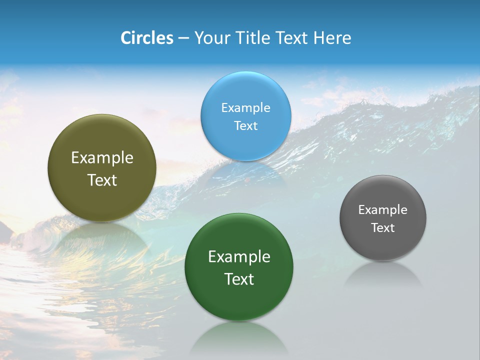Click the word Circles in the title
click(x=147, y=38)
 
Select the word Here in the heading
click(x=332, y=38)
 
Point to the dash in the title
click(x=183, y=38)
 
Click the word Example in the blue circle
click(x=245, y=107)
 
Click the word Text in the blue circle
click(x=245, y=125)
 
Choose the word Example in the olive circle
click(x=102, y=157)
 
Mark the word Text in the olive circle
click(x=102, y=180)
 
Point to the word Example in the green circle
click(x=239, y=256)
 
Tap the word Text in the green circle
click(x=239, y=279)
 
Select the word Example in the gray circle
click(x=383, y=209)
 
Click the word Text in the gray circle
click(x=383, y=227)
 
